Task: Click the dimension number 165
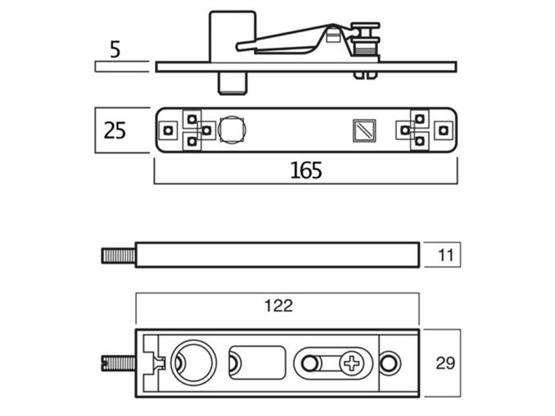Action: tap(306, 170)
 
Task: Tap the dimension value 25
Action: tap(115, 131)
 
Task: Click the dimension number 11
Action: tap(446, 255)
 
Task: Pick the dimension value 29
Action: tap(446, 363)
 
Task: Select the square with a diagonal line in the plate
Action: tap(364, 130)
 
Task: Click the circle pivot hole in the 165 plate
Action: tap(232, 129)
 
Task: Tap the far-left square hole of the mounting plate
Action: tap(169, 130)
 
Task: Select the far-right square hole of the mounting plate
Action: tap(444, 130)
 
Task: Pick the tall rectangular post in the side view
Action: tap(233, 35)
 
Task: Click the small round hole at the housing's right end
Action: tap(389, 362)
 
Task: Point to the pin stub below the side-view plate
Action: tap(233, 83)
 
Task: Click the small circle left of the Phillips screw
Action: tap(309, 362)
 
